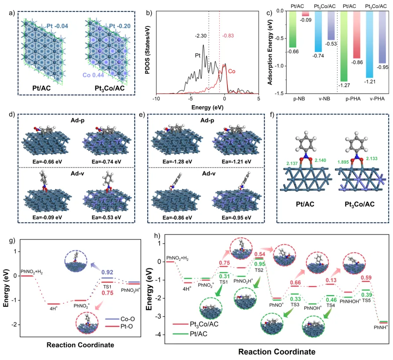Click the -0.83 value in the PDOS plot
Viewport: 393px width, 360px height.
(x=229, y=36)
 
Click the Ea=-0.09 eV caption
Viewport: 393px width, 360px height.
(x=45, y=230)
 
